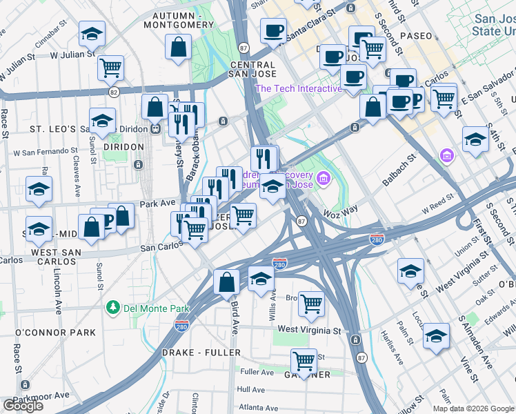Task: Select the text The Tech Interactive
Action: (298, 88)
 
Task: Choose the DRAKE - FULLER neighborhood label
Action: (200, 353)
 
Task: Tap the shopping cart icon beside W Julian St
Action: (110, 68)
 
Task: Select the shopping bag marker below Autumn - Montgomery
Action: (179, 48)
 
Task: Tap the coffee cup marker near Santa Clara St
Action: (273, 30)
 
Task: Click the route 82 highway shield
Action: (114, 91)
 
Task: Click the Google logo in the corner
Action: (23, 406)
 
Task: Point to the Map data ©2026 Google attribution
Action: (473, 408)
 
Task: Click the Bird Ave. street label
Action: (235, 315)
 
